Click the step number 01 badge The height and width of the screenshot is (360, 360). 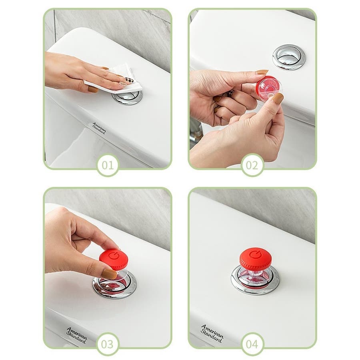tap(108, 165)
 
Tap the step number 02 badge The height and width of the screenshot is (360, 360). tap(252, 165)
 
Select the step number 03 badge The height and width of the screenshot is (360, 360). tap(108, 344)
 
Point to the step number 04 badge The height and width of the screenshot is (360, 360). tap(252, 344)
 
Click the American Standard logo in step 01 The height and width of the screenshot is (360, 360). tap(99, 128)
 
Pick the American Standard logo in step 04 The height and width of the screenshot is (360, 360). tap(212, 333)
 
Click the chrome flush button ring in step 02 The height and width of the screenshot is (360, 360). tap(289, 57)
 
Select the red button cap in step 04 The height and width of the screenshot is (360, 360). tap(256, 258)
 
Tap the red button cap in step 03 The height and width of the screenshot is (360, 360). tap(114, 259)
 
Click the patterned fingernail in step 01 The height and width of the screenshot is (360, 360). tap(130, 80)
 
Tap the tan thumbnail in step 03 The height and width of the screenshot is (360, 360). tap(109, 274)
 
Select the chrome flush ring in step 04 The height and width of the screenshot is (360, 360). tap(255, 280)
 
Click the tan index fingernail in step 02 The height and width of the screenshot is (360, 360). tap(262, 72)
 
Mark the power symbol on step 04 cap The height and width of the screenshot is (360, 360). tap(255, 254)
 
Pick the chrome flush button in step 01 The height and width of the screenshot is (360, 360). tap(128, 97)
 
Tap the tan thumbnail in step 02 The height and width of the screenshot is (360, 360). tap(278, 98)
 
